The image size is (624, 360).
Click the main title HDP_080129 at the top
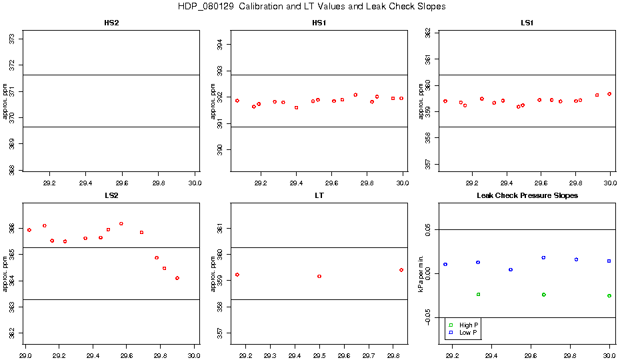311,7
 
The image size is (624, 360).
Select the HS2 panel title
112,23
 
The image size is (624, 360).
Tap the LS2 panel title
112,196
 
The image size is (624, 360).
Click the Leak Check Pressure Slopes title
527,196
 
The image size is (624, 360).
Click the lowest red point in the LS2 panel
177,278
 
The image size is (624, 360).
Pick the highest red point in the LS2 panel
121,223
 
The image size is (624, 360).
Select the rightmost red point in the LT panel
401,270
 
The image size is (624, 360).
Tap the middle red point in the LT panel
319,276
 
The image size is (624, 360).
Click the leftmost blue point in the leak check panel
445,265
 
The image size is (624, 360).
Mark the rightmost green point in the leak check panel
609,295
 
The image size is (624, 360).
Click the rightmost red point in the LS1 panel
609,94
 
